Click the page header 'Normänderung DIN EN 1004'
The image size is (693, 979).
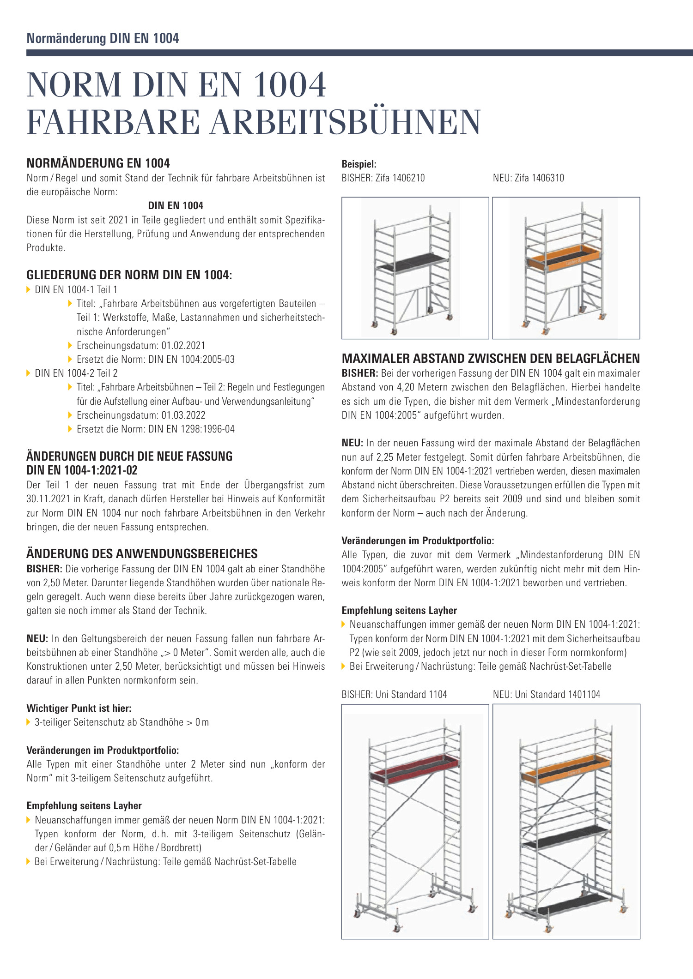click(103, 38)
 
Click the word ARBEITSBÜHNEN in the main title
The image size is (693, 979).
click(346, 122)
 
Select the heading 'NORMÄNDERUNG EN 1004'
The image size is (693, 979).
click(98, 163)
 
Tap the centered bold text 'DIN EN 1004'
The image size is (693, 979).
click(176, 206)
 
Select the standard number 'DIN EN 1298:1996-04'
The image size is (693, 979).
click(191, 429)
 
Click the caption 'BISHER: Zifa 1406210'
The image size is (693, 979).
click(383, 178)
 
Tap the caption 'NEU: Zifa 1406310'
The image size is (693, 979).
click(528, 178)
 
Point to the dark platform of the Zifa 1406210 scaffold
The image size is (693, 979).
click(411, 263)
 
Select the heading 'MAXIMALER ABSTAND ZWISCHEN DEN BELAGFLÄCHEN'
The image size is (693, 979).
click(491, 359)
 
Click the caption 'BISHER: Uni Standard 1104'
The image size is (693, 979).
click(394, 695)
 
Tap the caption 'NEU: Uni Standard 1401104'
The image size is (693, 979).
click(546, 695)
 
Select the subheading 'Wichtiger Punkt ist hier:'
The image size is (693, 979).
click(79, 709)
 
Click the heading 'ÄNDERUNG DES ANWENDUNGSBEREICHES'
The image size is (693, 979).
click(142, 554)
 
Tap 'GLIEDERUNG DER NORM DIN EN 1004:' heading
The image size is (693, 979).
click(129, 276)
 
